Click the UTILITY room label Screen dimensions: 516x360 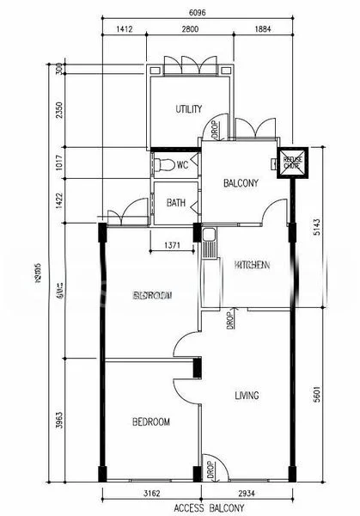[189, 109]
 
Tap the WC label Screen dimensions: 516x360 [182, 165]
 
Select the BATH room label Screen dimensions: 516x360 [175, 204]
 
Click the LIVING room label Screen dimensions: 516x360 [247, 396]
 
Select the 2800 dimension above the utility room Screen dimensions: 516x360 [190, 31]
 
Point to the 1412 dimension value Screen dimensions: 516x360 [125, 31]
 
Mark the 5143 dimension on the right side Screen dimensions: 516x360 [317, 227]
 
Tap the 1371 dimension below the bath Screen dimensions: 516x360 [172, 247]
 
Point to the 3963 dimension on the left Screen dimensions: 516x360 [58, 421]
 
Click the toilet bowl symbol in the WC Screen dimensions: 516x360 [162, 165]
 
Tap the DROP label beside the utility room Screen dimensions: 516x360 [213, 129]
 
